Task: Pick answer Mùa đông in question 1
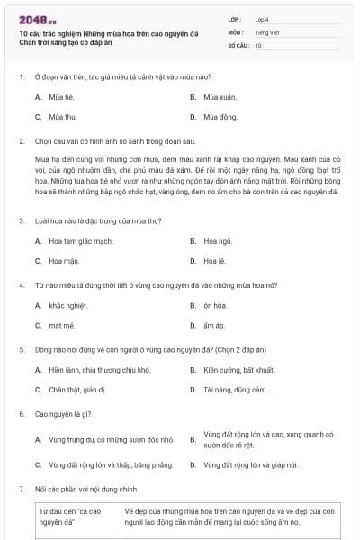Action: coord(220,117)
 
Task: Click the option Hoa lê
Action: coord(214,261)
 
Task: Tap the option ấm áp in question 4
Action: coord(214,325)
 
